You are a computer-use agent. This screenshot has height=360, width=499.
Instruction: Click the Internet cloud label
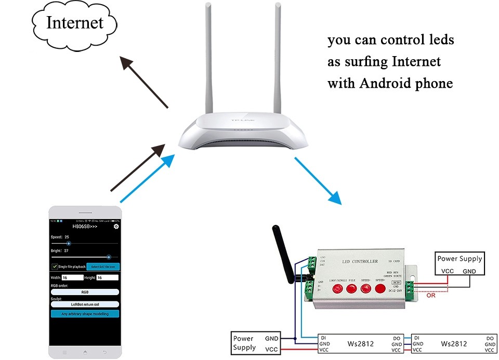tap(74, 23)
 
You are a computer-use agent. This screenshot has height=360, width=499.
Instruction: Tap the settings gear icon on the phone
tap(116, 226)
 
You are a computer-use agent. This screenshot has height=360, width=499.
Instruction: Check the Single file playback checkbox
tap(55, 266)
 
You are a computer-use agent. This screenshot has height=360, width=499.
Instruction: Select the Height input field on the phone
tap(108, 277)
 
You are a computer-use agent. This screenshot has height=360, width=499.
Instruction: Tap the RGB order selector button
tap(85, 292)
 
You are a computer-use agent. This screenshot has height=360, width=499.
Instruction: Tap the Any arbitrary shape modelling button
tap(85, 314)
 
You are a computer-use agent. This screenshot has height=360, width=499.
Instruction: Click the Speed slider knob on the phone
tap(69, 243)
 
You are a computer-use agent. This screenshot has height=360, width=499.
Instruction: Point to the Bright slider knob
tap(109, 257)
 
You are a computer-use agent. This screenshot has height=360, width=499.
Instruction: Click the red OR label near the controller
tap(430, 296)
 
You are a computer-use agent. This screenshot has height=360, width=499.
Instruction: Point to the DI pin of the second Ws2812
tap(416, 338)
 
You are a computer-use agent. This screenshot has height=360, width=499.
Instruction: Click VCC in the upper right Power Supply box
tap(447, 271)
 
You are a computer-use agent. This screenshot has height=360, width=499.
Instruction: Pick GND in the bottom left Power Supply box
tap(271, 338)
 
